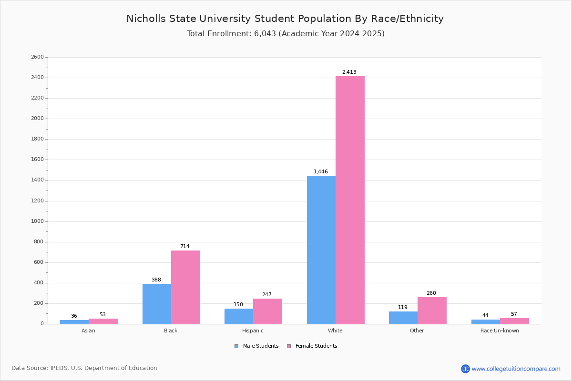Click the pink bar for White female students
[350, 200]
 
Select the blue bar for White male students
[321, 250]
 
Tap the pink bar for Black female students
[185, 287]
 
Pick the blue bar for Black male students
[157, 304]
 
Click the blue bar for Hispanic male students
[239, 316]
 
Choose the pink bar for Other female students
[432, 311]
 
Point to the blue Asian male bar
[74, 322]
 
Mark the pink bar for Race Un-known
[514, 321]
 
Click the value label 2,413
[349, 72]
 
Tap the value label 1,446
[321, 172]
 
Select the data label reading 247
[267, 294]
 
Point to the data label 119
[403, 307]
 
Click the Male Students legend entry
[256, 346]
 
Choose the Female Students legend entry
[312, 346]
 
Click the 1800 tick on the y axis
[38, 139]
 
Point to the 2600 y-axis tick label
[38, 57]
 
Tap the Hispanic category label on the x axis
[253, 331]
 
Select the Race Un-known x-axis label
[500, 331]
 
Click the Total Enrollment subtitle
[286, 34]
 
